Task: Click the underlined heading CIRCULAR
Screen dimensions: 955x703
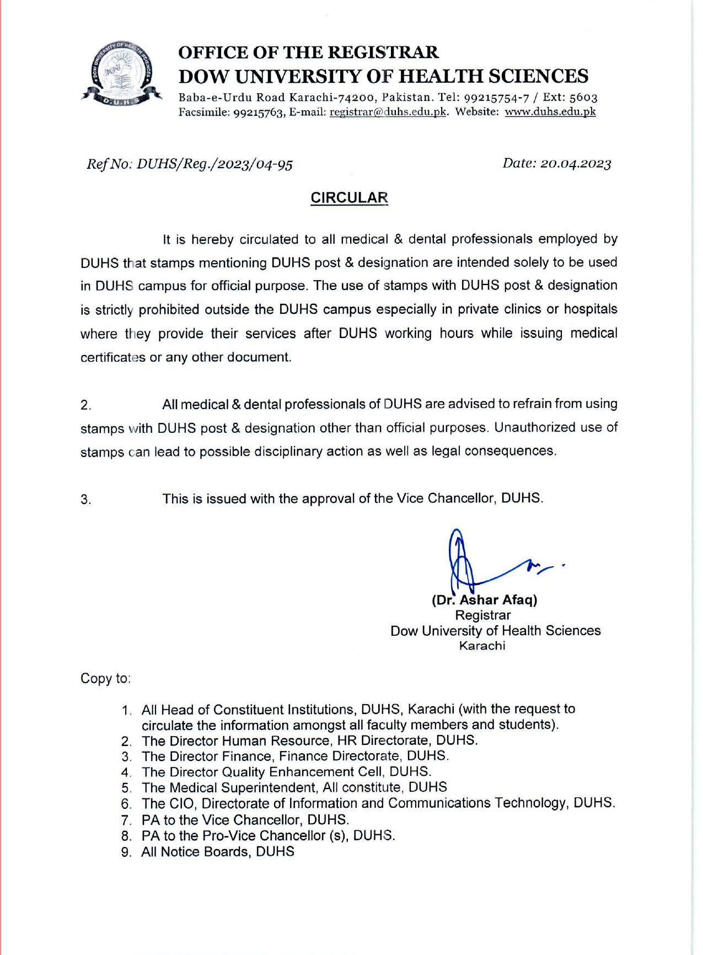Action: (x=349, y=198)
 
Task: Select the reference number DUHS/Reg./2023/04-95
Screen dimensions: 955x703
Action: (x=214, y=164)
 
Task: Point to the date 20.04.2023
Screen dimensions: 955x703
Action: (x=576, y=164)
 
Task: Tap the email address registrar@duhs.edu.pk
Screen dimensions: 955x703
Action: (x=388, y=112)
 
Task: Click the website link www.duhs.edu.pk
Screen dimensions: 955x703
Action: (x=550, y=112)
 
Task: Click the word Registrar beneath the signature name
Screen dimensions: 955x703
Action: (x=482, y=615)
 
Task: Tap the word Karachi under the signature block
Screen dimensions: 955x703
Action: (x=482, y=646)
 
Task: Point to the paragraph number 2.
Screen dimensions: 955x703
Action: (x=85, y=405)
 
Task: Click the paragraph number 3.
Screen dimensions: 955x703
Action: (x=85, y=500)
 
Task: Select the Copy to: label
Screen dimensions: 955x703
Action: (x=105, y=679)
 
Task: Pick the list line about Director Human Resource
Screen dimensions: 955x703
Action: (x=309, y=741)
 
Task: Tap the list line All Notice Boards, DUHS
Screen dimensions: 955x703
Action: (x=217, y=852)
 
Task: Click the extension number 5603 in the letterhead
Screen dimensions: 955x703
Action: (x=583, y=98)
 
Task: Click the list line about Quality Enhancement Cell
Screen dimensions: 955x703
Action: (x=286, y=772)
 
